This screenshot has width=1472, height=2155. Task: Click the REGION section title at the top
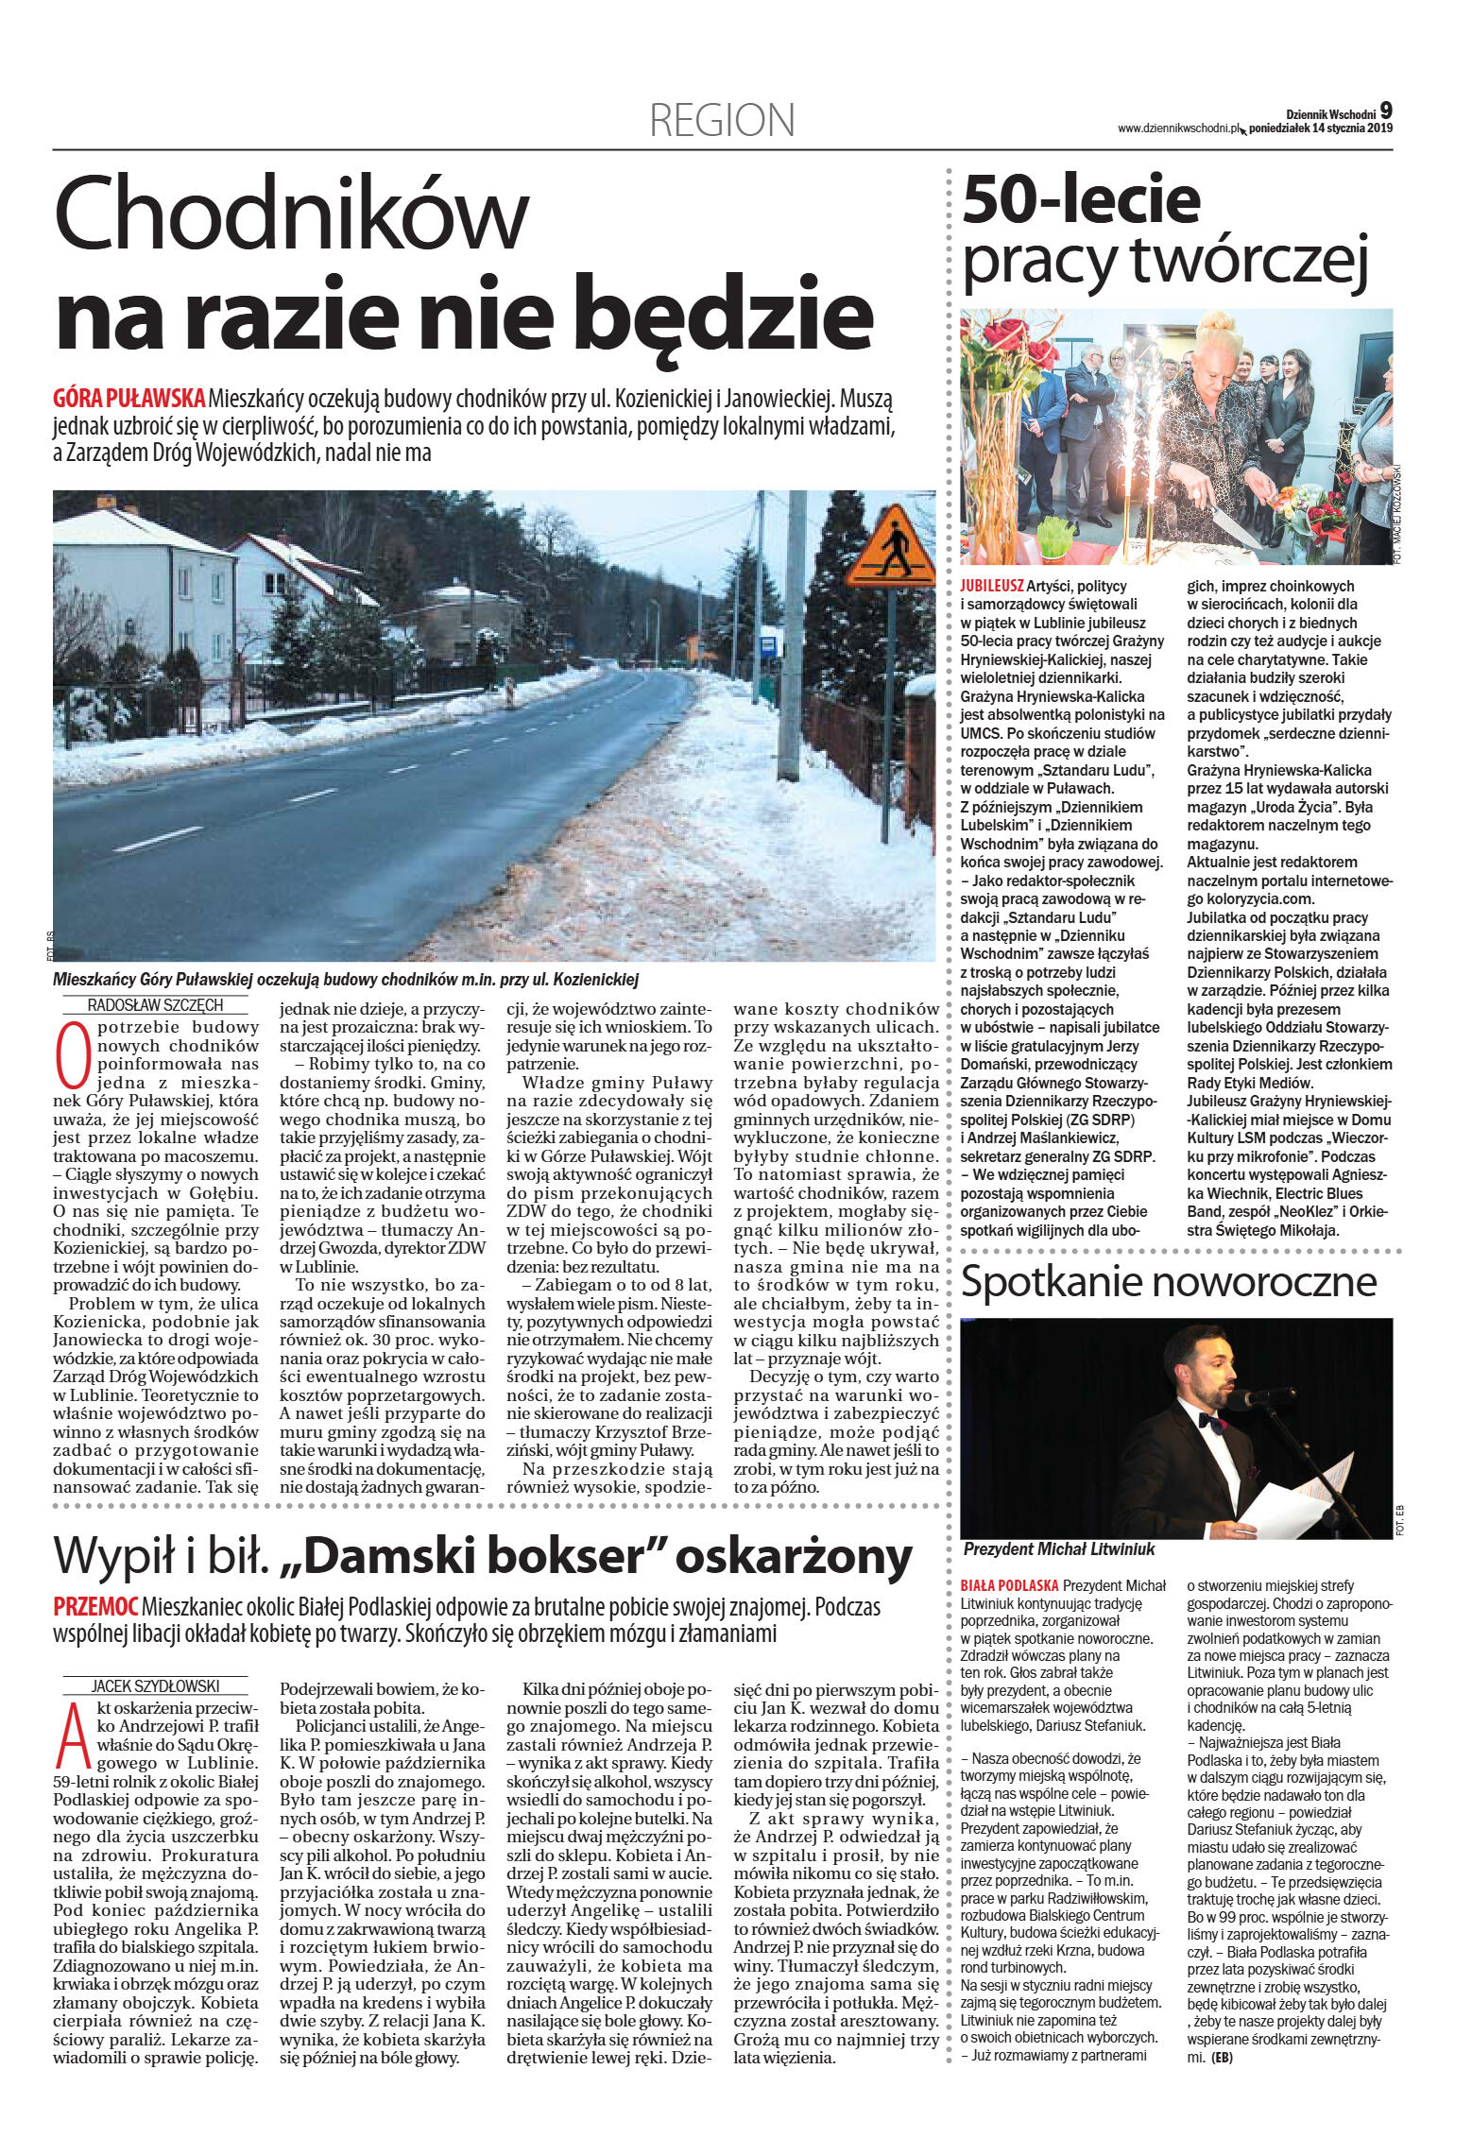click(x=722, y=121)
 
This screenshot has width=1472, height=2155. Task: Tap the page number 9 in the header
click(x=1385, y=111)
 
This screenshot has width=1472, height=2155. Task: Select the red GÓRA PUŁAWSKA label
click(x=128, y=398)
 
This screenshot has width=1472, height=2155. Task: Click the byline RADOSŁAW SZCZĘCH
click(x=155, y=1005)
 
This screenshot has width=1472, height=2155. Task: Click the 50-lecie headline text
click(x=1081, y=199)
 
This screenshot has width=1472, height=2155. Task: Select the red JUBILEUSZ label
click(x=992, y=586)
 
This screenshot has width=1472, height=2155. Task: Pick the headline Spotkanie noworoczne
click(x=1169, y=1282)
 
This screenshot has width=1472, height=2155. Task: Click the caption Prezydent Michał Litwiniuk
click(x=1058, y=1549)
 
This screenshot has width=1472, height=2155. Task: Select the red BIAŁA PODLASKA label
click(x=1009, y=1585)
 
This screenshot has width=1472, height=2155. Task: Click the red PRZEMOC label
click(x=95, y=1605)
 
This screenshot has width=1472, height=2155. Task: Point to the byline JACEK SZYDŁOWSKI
click(x=155, y=1685)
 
